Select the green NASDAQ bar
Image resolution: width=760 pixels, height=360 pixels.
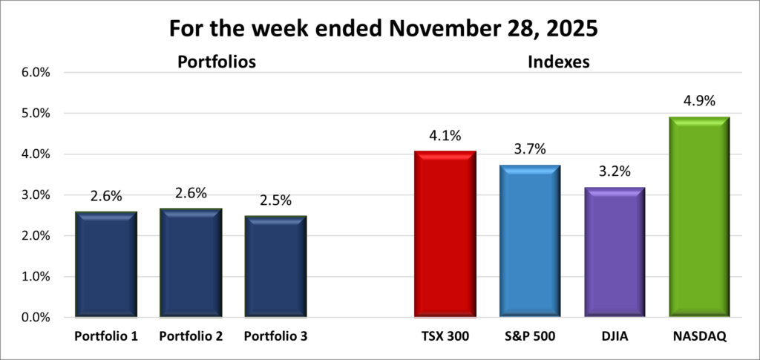(699, 217)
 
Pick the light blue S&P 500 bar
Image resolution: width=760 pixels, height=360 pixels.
(530, 241)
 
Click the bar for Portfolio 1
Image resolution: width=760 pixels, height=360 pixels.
(106, 264)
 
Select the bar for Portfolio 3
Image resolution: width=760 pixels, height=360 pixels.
(275, 266)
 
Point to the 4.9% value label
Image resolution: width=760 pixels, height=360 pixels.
(699, 102)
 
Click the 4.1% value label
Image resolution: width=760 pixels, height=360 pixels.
(445, 136)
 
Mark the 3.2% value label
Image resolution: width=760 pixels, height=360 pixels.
(615, 172)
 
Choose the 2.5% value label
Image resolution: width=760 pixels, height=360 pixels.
(275, 201)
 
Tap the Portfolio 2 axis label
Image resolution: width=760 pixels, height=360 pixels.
(191, 336)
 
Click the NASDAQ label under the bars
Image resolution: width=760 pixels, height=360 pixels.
(699, 336)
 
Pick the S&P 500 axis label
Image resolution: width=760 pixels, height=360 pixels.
(530, 336)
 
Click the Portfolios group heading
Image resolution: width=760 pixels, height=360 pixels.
(216, 62)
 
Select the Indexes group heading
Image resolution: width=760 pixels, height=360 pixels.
(558, 62)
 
